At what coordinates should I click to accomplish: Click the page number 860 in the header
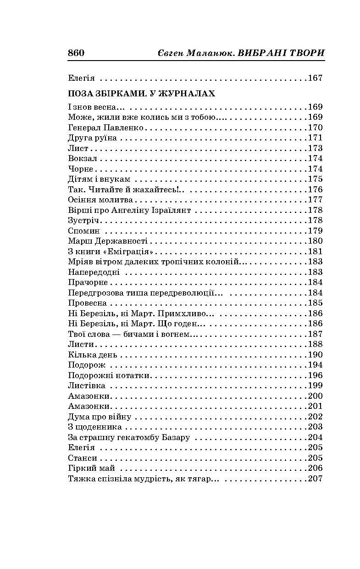[76, 53]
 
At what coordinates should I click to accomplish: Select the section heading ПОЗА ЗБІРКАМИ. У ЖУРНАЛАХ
[141, 93]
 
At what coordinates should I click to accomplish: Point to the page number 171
[315, 138]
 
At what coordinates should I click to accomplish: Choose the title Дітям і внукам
[99, 179]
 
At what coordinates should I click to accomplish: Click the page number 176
[315, 190]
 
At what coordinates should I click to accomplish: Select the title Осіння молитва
[100, 200]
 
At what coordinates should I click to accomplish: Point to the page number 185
[315, 303]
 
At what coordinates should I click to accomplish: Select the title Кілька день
[92, 355]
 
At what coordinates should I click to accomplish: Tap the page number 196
[315, 375]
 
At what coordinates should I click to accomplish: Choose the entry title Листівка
[87, 386]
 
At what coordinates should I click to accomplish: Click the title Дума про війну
[100, 417]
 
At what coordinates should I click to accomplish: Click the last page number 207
[315, 479]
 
